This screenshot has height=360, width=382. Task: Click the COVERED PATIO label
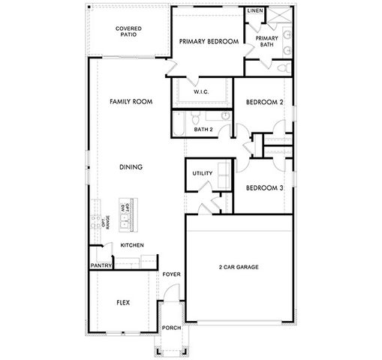128,31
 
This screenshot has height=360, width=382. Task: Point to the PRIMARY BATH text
266,41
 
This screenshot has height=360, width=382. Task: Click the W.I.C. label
200,91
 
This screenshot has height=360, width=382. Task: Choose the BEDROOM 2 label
265,102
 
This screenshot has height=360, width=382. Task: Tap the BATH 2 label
204,129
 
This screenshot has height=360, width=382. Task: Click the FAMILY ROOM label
126,100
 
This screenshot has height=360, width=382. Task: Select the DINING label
131,166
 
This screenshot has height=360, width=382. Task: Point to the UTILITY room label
203,173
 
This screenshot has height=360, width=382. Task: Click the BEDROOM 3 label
265,187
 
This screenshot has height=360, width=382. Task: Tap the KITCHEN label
132,245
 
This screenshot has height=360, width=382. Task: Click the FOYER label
172,274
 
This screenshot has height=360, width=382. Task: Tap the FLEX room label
123,303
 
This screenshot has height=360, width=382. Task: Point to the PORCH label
172,328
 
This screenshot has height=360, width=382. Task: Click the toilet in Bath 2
194,118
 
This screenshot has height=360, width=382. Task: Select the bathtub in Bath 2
179,124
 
